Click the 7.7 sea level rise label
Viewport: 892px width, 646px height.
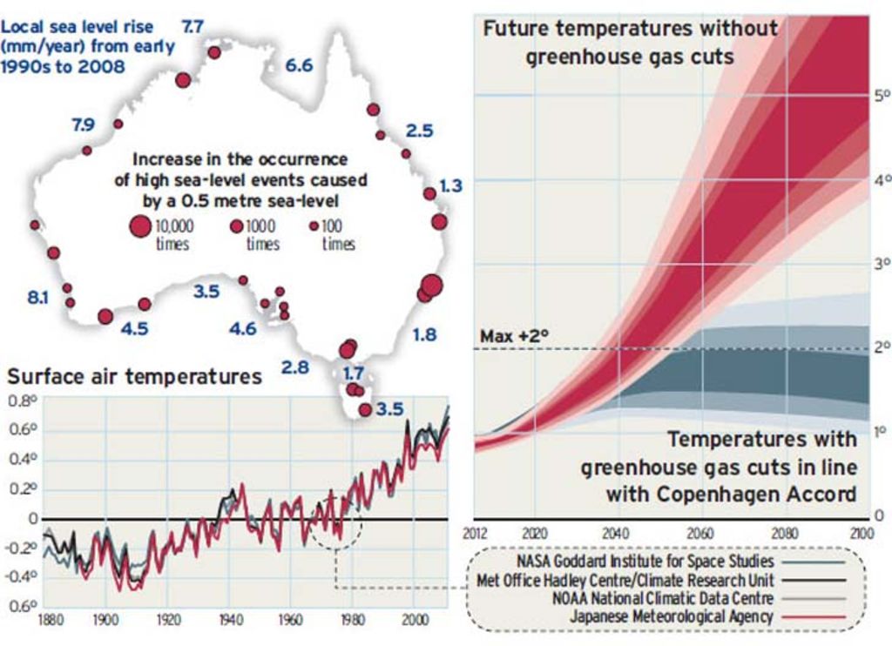coord(192,26)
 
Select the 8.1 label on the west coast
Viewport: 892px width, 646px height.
coord(38,298)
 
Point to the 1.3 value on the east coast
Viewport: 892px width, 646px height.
coord(451,185)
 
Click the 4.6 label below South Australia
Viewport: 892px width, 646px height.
coord(243,328)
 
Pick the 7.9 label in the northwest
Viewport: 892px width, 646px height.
coord(83,125)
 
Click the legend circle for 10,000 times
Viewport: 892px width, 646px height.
coord(139,227)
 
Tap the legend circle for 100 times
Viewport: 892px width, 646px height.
coord(314,225)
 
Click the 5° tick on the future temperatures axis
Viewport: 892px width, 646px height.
coord(880,94)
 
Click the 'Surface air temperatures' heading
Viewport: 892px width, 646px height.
coord(134,376)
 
